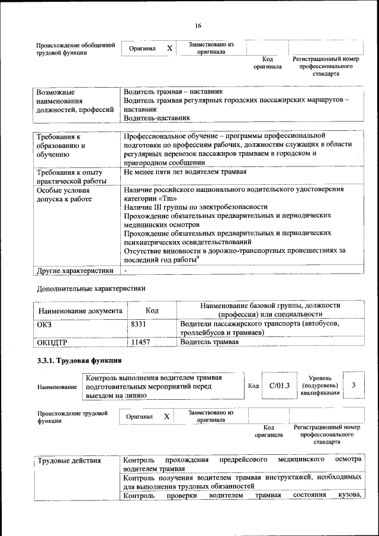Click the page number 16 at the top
click(x=198, y=25)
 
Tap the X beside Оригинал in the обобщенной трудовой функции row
click(x=169, y=48)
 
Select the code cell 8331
click(x=138, y=324)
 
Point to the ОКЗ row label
click(x=45, y=324)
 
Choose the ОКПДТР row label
click(x=52, y=342)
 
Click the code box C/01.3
click(x=278, y=386)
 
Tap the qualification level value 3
click(x=353, y=386)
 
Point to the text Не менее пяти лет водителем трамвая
click(x=185, y=172)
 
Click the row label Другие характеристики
click(x=75, y=271)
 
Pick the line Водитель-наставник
click(x=153, y=118)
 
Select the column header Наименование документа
click(x=80, y=310)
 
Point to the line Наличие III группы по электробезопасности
click(x=195, y=207)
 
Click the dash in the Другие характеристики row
click(x=126, y=271)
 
